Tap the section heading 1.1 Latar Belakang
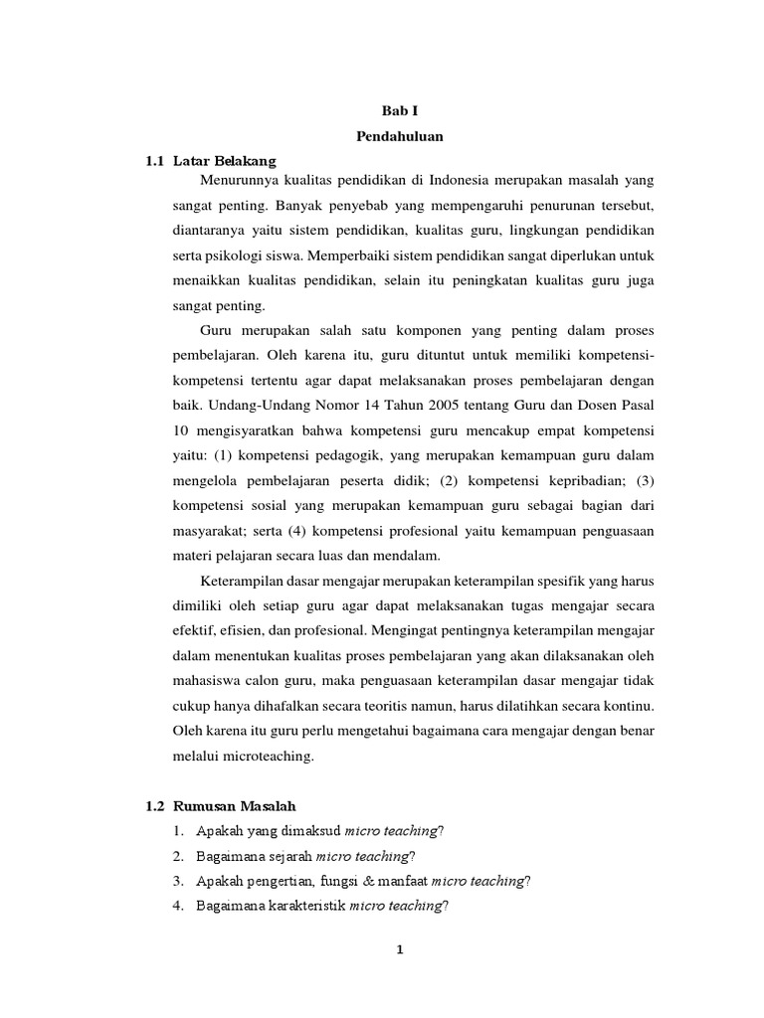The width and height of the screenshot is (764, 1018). coord(210,160)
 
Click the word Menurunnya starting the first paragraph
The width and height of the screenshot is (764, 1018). coord(240,179)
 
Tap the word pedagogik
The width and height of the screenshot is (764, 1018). coord(348,455)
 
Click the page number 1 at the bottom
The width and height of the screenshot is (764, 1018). coord(400,950)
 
